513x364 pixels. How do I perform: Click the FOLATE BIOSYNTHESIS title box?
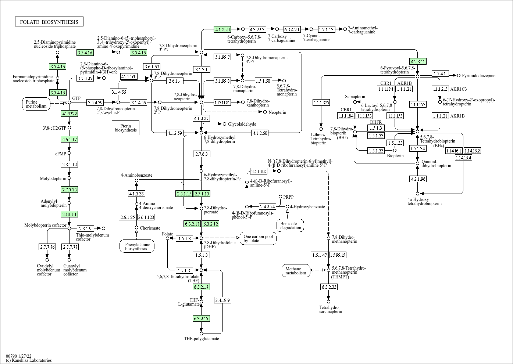[49, 22]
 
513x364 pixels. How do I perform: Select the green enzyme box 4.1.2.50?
[222, 29]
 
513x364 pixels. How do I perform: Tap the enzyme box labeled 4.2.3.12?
[418, 61]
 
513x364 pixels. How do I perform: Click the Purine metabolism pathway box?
[36, 104]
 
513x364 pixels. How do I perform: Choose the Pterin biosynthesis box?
[125, 127]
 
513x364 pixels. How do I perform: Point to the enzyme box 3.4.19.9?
[222, 300]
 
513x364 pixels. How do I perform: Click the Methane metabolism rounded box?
[296, 271]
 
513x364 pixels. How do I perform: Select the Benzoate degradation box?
[291, 226]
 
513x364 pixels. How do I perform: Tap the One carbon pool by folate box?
[258, 238]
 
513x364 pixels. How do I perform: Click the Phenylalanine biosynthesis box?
[136, 246]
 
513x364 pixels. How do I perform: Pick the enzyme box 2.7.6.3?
[201, 154]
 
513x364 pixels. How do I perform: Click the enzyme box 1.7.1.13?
[326, 29]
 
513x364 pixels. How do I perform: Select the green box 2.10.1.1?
[70, 214]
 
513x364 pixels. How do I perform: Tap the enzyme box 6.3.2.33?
[328, 287]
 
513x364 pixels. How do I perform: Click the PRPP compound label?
[288, 197]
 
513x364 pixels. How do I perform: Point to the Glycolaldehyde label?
[242, 124]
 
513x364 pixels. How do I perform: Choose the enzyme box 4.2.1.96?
[417, 179]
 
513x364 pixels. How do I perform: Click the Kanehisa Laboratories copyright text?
[29, 360]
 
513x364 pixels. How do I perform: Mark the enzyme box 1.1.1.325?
[321, 102]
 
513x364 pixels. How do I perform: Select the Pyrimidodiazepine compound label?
[478, 76]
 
